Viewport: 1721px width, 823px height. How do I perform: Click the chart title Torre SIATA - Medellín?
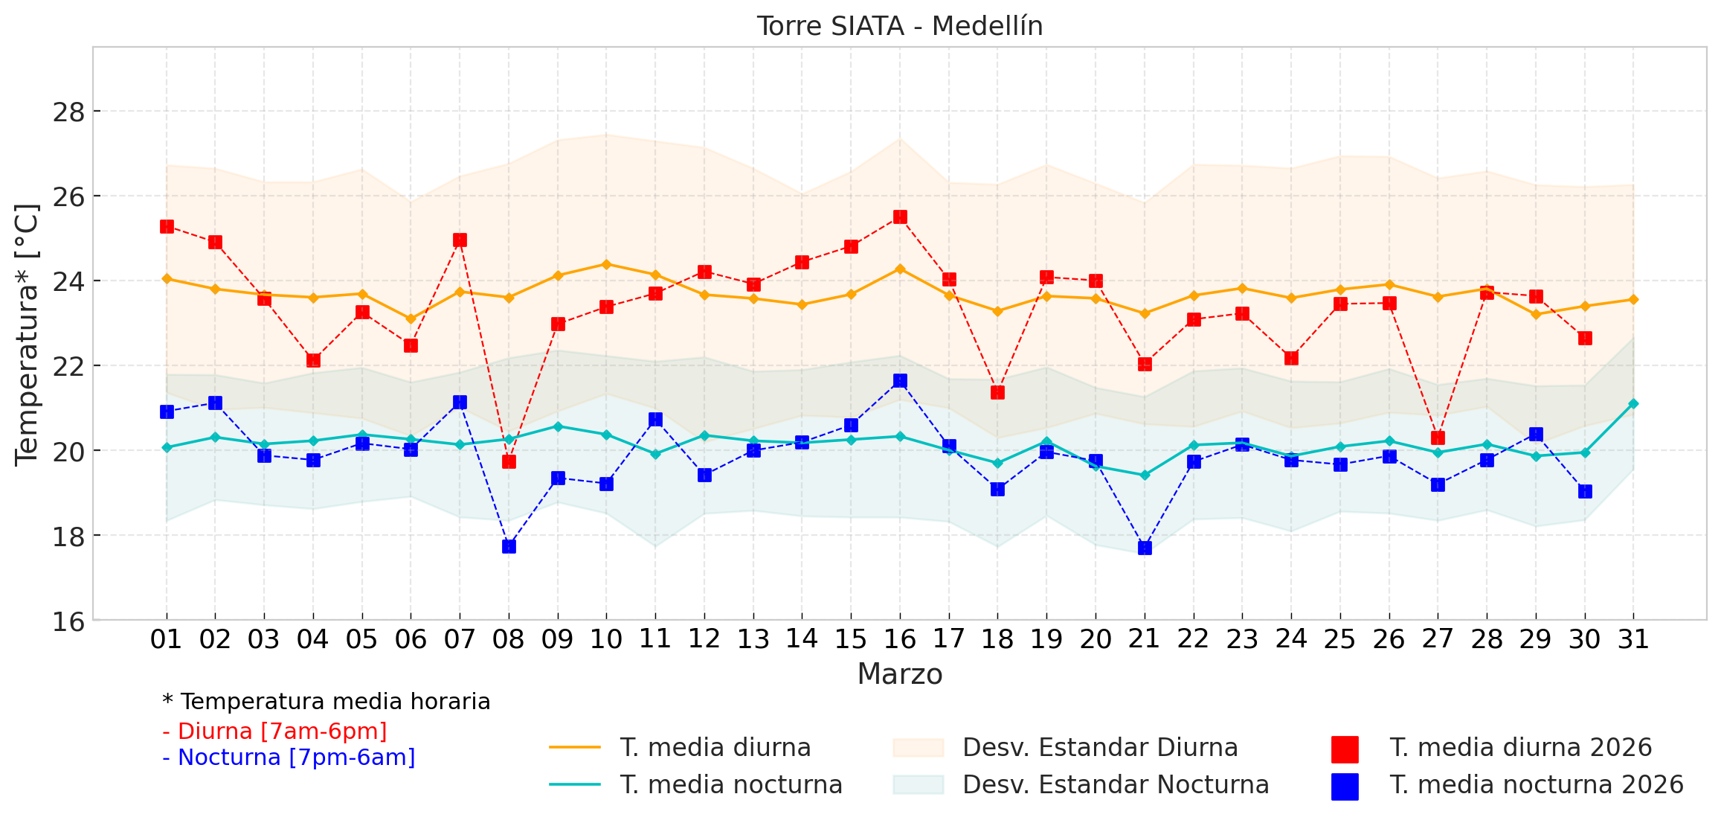click(900, 26)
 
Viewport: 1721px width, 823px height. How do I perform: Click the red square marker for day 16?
click(900, 217)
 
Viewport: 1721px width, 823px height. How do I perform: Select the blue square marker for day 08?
click(509, 546)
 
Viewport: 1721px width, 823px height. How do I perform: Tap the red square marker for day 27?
click(1438, 438)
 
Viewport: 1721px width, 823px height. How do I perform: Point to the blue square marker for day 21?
click(1145, 548)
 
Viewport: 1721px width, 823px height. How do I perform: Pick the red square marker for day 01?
click(167, 226)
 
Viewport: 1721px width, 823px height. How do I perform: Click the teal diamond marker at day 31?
click(1633, 403)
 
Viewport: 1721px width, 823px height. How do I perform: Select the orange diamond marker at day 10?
click(606, 264)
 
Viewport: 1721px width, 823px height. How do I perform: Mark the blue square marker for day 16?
click(900, 380)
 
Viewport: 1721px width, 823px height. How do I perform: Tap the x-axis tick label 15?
click(851, 639)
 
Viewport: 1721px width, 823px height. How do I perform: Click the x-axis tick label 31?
click(1633, 639)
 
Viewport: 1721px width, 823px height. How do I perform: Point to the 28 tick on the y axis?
click(68, 112)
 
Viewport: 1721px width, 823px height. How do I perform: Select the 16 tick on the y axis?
click(68, 621)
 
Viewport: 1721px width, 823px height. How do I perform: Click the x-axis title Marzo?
click(900, 674)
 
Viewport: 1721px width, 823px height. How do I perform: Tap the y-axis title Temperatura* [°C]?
click(27, 334)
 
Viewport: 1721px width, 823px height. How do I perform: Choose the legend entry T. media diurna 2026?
click(1520, 747)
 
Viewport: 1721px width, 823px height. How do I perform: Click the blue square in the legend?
click(1345, 787)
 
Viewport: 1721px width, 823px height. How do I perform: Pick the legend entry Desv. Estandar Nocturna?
click(1116, 784)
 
